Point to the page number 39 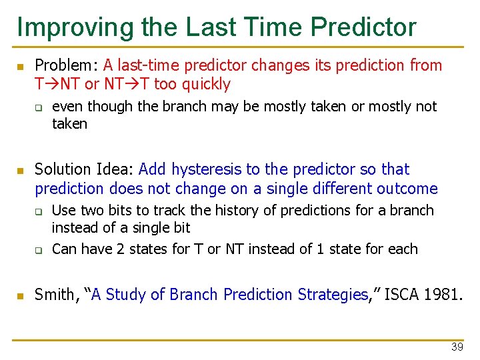coord(457,347)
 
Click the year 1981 coord(439,294)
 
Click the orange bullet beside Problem coord(21,67)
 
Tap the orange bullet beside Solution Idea coord(21,171)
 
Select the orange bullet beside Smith coord(21,295)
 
